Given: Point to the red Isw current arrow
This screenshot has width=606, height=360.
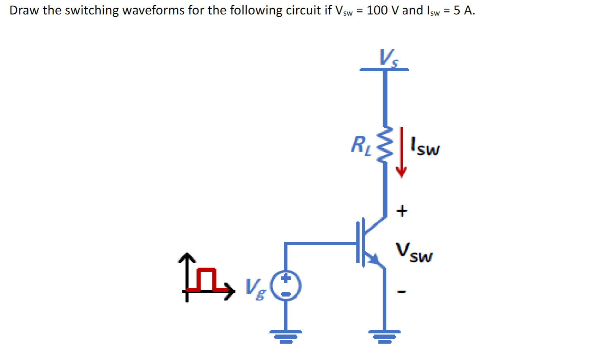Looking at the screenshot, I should (401, 152).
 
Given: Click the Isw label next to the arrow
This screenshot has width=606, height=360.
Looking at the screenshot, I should (425, 147).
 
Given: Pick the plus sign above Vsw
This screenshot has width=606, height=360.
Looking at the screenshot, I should (402, 210).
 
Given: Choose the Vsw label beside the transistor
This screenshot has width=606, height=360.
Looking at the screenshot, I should (414, 253).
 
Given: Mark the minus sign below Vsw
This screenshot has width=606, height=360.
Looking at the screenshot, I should (402, 292).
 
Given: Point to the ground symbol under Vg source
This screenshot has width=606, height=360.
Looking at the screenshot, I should (286, 335).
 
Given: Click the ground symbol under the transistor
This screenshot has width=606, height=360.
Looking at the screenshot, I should (384, 335).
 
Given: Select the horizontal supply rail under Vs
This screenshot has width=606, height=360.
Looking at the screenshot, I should (384, 70).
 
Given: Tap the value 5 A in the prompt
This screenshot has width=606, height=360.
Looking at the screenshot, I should (464, 10).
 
